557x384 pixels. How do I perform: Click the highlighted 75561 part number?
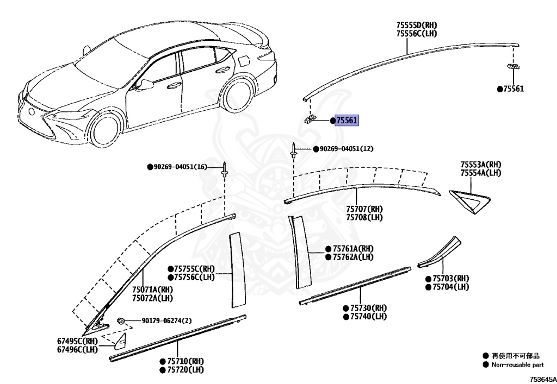point(346,121)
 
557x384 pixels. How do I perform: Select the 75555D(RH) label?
point(417,25)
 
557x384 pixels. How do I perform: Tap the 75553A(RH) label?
point(481,165)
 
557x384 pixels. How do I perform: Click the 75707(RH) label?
point(364,209)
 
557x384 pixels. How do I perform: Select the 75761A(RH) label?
point(352,249)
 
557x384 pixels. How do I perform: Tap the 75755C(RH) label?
point(194,269)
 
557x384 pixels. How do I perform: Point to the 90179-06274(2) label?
point(159,321)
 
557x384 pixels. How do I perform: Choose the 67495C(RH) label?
point(78,341)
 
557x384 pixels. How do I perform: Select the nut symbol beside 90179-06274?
point(122,321)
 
